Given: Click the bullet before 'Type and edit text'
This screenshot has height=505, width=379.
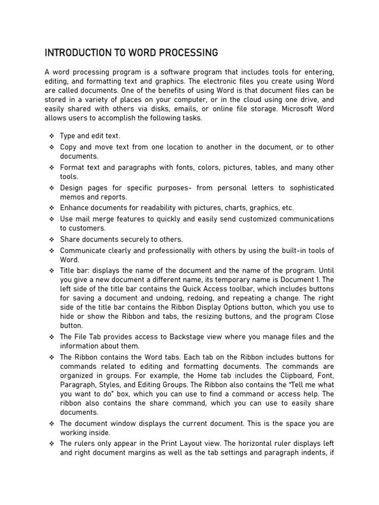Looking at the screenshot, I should point(51,136).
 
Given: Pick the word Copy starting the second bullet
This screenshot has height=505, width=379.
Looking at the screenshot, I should point(68,147).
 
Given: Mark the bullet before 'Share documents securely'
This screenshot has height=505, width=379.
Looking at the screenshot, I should point(51,240).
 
